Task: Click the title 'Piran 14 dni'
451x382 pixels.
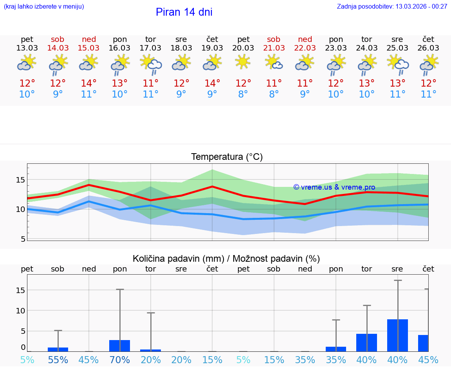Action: click(184, 12)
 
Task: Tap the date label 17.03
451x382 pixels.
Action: click(151, 48)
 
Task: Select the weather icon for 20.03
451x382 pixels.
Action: click(243, 62)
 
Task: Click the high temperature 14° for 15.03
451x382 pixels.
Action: click(89, 83)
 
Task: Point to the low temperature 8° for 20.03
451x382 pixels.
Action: click(243, 94)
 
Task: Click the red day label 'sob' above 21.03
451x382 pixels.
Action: click(274, 39)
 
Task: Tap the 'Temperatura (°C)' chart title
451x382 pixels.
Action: click(227, 157)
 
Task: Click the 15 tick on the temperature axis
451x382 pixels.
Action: click(21, 180)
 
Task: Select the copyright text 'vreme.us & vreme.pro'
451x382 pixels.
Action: click(334, 187)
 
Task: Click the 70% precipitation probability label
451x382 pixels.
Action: click(120, 360)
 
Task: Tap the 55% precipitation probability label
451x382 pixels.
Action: click(58, 360)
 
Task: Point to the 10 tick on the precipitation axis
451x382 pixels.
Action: click(21, 310)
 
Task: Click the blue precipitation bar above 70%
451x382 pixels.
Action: click(119, 346)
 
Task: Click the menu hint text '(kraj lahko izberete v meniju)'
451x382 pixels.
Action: click(43, 6)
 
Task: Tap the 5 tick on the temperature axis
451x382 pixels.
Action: click(23, 239)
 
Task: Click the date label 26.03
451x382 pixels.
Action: click(428, 48)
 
